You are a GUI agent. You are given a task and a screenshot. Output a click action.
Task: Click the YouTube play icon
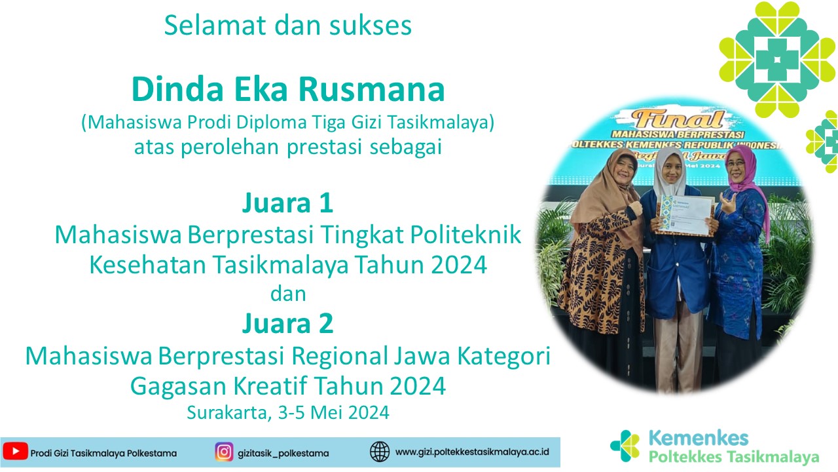tap(15, 452)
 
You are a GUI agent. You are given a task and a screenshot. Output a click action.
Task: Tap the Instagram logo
tap(224, 452)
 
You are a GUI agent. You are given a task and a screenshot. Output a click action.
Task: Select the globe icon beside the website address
tap(379, 452)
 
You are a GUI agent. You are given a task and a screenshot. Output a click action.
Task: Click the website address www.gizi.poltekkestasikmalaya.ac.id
tap(472, 452)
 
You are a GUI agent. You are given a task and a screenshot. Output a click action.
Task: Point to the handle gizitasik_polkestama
tap(283, 453)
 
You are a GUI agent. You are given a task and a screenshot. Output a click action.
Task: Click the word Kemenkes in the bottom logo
tap(699, 438)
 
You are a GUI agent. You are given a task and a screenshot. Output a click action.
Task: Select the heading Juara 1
tap(287, 203)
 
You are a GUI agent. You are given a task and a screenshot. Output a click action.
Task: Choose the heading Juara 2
tap(287, 323)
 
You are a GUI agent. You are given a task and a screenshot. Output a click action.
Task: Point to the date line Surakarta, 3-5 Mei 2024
tap(288, 412)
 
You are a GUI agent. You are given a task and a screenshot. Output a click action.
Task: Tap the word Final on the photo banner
tap(678, 119)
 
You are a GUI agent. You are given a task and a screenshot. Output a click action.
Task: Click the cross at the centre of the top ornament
tap(777, 60)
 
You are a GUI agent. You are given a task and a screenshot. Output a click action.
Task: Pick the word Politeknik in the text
tap(465, 235)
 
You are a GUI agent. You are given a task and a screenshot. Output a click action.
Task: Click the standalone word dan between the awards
tap(288, 294)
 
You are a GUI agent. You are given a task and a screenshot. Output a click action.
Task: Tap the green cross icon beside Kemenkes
tap(625, 446)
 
